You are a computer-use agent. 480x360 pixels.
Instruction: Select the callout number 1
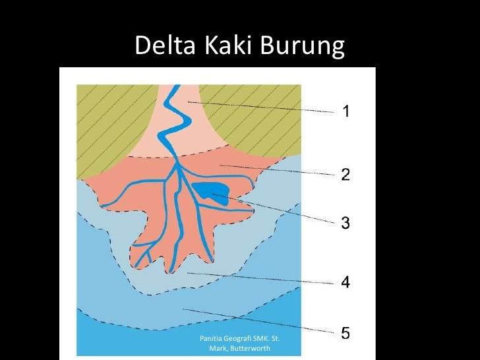[x=345, y=111]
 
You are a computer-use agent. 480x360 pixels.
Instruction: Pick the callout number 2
[x=345, y=175]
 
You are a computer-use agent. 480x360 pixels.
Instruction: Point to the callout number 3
[x=345, y=224]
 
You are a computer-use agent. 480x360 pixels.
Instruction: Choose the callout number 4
[x=345, y=283]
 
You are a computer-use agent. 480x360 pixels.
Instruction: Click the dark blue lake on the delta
[x=212, y=193]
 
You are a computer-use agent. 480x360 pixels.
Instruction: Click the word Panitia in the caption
[x=214, y=338]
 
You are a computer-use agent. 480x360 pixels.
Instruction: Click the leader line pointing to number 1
[x=264, y=107]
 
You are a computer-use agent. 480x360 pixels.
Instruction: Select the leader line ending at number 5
[x=264, y=320]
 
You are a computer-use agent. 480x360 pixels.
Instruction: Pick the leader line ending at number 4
[x=264, y=278]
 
